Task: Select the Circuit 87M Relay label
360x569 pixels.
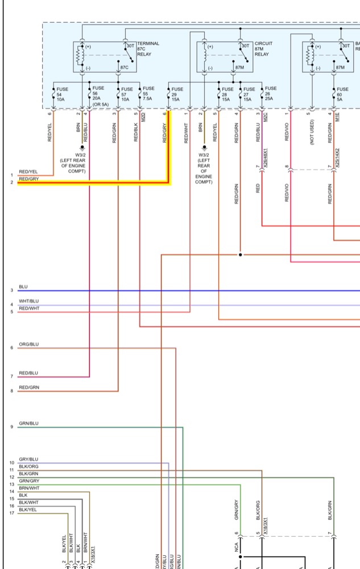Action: (x=263, y=49)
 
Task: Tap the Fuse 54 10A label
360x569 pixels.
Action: (x=62, y=93)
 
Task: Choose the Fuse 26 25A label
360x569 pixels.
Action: (x=270, y=93)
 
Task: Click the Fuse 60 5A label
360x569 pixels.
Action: (x=342, y=93)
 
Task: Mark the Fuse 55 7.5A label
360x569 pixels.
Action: (x=148, y=93)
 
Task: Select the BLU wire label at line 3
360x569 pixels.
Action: (x=23, y=287)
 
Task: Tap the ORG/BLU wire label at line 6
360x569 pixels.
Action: (x=28, y=344)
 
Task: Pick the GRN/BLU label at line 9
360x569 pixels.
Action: (x=28, y=423)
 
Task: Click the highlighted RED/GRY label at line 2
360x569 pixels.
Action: (x=28, y=179)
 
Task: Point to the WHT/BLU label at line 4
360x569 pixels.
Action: (x=28, y=301)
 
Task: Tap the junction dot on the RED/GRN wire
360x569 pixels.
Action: (x=240, y=255)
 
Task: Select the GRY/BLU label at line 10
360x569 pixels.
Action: (x=28, y=459)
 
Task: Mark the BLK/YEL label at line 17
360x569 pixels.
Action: (x=28, y=510)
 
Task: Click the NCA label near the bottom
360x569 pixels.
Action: (x=236, y=548)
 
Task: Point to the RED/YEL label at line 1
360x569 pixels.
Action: (x=28, y=171)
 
